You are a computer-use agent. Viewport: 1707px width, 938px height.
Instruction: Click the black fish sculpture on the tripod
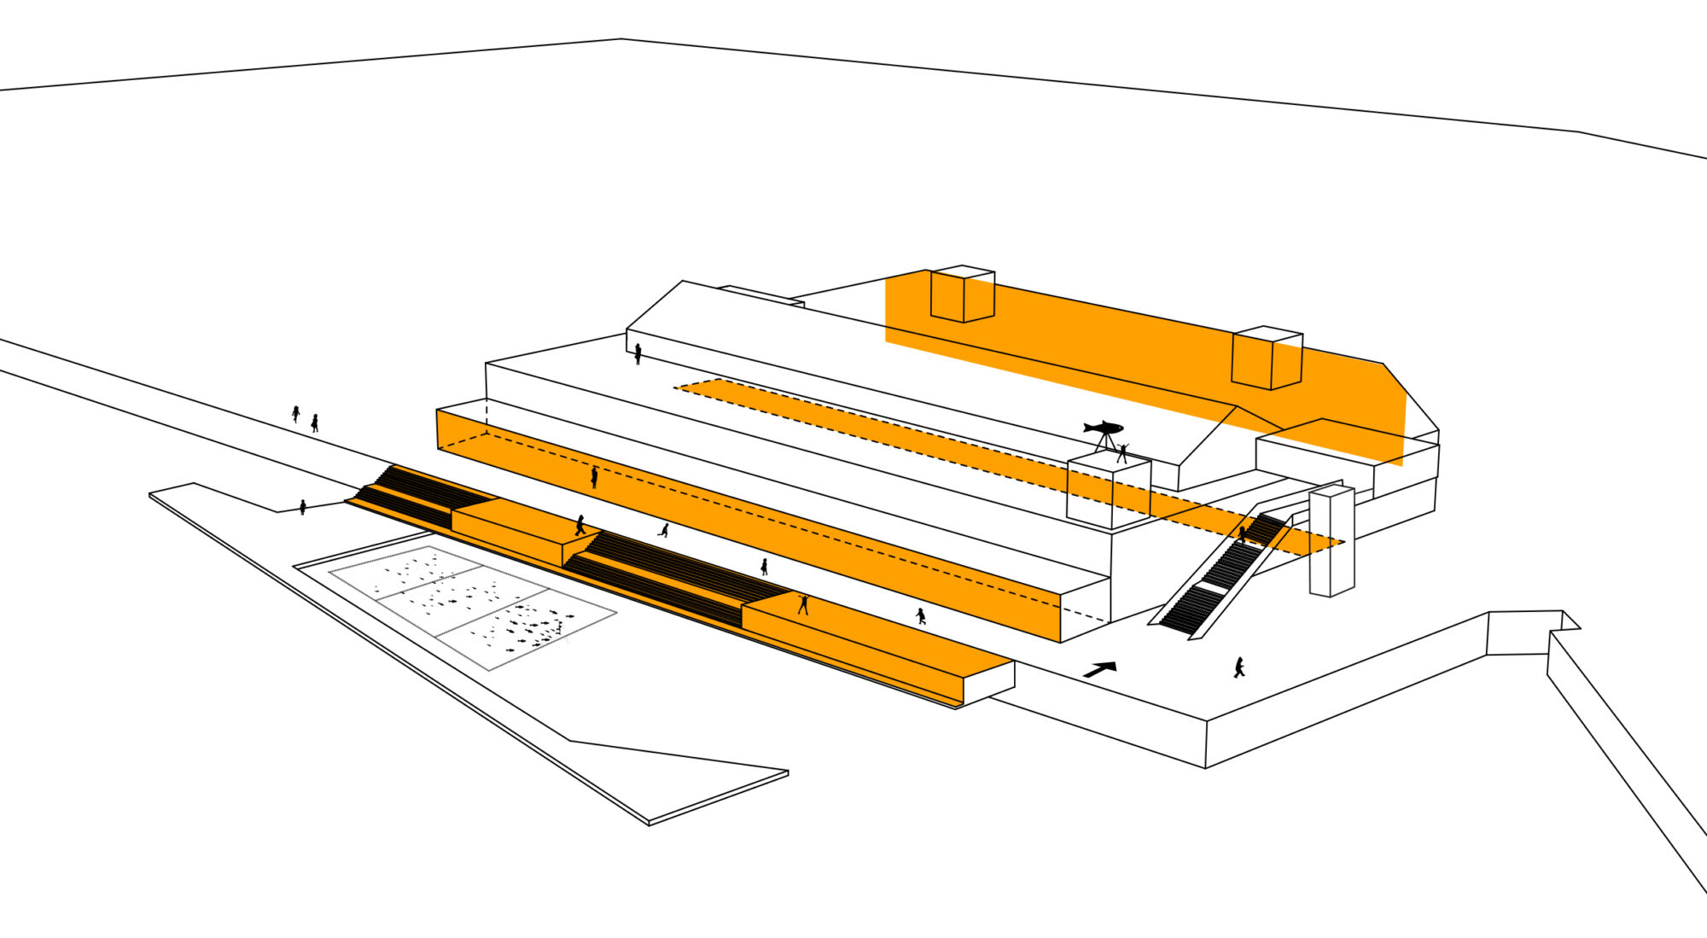tap(1104, 427)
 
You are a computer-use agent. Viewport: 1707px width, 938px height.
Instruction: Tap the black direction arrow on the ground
tap(1100, 669)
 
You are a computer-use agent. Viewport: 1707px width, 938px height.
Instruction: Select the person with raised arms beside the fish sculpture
tap(1122, 453)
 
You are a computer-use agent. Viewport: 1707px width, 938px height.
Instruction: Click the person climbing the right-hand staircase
tap(1243, 535)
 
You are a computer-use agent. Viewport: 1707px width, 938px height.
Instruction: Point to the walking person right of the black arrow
tap(1238, 667)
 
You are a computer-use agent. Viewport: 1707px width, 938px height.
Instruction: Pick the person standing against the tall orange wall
tap(594, 477)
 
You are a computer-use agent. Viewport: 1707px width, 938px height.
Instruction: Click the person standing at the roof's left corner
tap(638, 353)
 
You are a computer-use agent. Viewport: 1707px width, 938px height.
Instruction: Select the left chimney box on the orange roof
tap(963, 294)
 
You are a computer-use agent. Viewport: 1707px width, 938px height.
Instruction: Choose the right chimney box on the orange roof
tap(1267, 358)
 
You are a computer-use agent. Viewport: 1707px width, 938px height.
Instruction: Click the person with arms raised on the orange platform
tap(803, 605)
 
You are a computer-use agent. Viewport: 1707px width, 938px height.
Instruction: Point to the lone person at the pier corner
tap(303, 507)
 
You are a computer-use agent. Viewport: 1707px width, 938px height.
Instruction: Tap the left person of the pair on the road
tap(295, 414)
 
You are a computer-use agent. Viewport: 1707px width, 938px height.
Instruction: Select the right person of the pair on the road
tap(315, 422)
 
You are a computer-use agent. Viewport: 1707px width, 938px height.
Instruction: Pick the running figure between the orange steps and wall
tap(664, 530)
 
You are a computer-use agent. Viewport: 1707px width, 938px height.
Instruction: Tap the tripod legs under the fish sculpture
tap(1105, 442)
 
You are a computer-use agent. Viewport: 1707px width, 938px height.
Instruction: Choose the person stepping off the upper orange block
tap(580, 526)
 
